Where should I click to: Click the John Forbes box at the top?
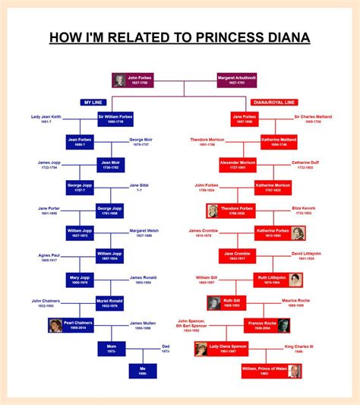[x=131, y=80]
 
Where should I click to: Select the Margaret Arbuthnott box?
[x=236, y=80]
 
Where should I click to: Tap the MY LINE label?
[x=93, y=103]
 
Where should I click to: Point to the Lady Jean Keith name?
[x=46, y=119]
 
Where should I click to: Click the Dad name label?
[x=166, y=348]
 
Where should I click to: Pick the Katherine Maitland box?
[x=271, y=142]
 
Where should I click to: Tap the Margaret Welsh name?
[x=144, y=233]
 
